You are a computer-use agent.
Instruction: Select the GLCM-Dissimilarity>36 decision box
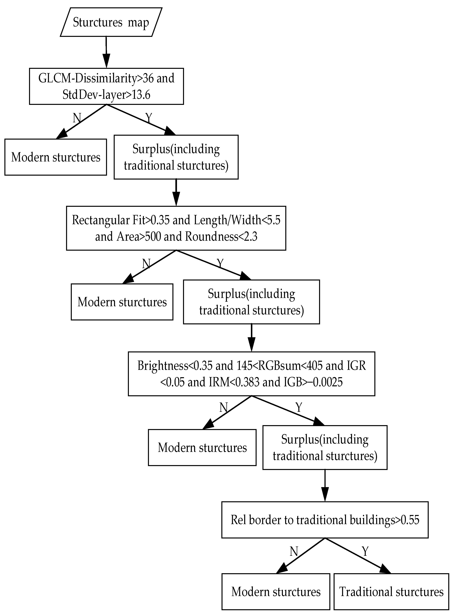pyautogui.click(x=106, y=86)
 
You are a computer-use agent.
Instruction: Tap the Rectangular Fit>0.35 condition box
pyautogui.click(x=176, y=228)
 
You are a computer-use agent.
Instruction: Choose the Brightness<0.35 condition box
pyautogui.click(x=251, y=374)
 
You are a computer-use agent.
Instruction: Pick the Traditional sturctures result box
pyautogui.click(x=391, y=592)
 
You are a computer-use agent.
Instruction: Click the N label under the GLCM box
pyautogui.click(x=77, y=118)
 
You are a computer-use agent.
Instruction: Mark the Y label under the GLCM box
pyautogui.click(x=149, y=117)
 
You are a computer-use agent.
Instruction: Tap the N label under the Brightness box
pyautogui.click(x=224, y=408)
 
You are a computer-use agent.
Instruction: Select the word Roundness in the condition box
pyautogui.click(x=211, y=236)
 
